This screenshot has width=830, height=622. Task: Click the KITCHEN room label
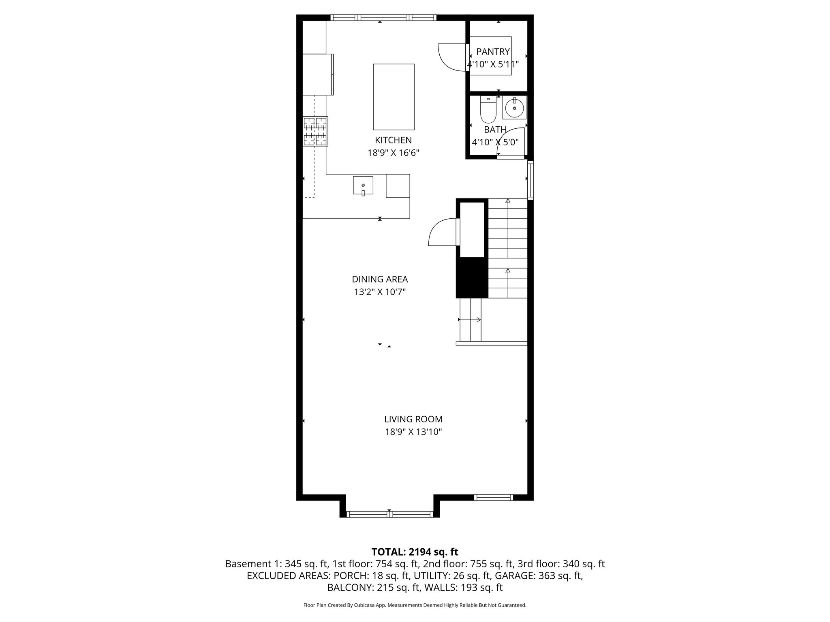[x=393, y=140]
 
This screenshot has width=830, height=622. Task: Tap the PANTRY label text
[x=493, y=51]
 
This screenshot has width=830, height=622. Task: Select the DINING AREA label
[x=380, y=279]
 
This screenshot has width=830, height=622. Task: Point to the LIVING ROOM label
[x=413, y=419]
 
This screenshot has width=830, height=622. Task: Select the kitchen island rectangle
[x=394, y=96]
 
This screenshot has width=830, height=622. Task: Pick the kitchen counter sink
[x=363, y=185]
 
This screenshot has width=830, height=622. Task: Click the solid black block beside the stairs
[x=472, y=277]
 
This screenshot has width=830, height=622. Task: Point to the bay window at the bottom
[x=389, y=514]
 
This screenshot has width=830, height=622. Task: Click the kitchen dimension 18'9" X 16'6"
[x=393, y=153]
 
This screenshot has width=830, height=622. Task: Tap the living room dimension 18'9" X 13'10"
[x=413, y=432]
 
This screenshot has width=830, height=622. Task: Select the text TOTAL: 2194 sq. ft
[x=415, y=552]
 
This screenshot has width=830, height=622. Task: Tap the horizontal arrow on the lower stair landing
[x=470, y=320]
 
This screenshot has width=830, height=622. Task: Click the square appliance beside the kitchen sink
[x=398, y=185]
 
